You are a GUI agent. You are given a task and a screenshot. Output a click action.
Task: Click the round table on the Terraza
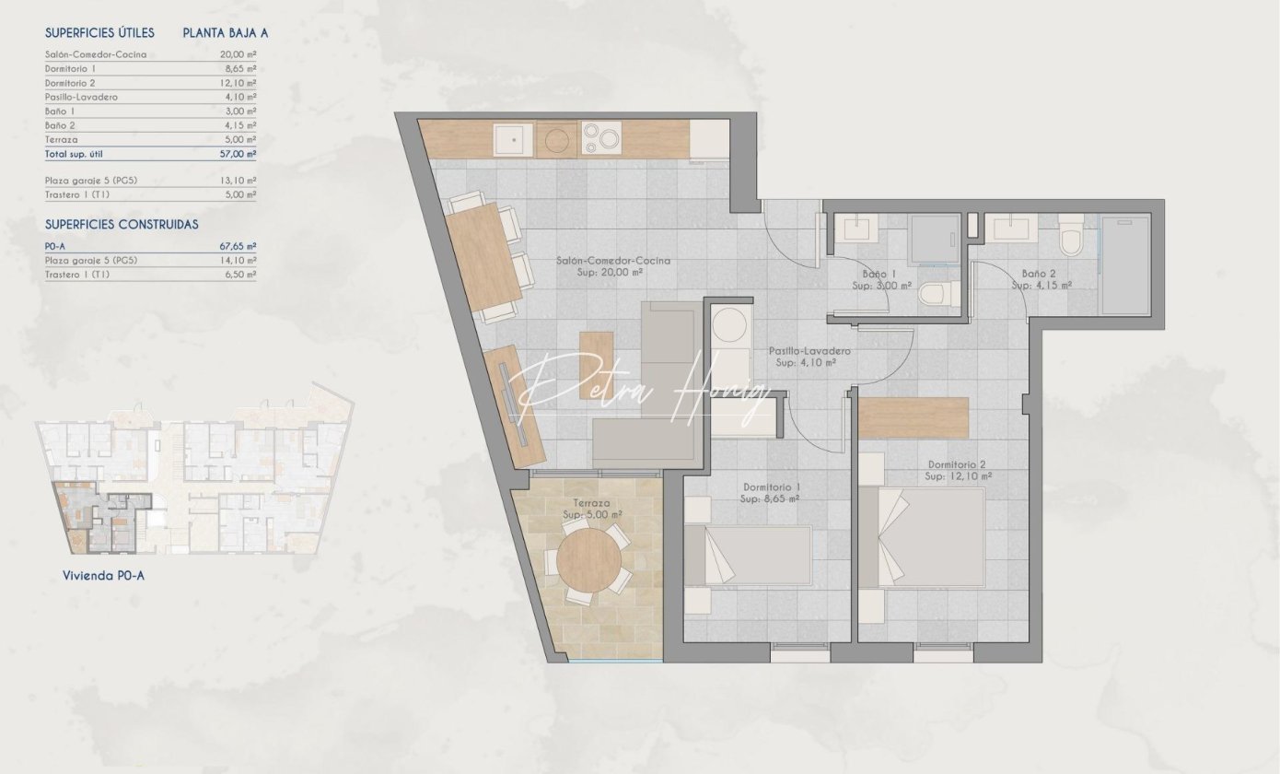coord(588,559)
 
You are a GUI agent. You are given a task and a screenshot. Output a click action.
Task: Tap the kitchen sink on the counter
coord(513,139)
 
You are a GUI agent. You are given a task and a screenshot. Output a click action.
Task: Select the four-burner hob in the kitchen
coord(601,138)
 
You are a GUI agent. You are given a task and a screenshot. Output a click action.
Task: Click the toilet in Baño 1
coord(939,294)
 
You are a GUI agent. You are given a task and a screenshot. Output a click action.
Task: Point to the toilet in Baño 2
coord(1071,236)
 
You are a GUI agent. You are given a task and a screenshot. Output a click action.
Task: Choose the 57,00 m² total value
coord(238,154)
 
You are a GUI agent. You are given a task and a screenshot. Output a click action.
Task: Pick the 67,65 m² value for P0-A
coord(238,246)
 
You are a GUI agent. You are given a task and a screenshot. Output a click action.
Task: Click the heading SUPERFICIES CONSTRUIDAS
coord(122,225)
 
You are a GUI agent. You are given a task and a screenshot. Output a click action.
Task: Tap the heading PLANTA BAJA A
coord(225,33)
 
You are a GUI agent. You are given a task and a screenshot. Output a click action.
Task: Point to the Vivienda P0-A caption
coord(103,576)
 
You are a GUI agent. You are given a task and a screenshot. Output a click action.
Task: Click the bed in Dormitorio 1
coord(748,556)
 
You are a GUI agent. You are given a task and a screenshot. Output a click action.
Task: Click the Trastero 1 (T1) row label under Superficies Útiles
coord(77,195)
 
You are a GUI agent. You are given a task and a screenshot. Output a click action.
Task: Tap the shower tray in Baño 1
coord(933,240)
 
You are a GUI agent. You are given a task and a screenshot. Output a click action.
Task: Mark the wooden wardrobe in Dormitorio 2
coord(913,418)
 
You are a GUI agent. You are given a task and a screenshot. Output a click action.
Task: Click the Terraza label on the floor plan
coord(591,503)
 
